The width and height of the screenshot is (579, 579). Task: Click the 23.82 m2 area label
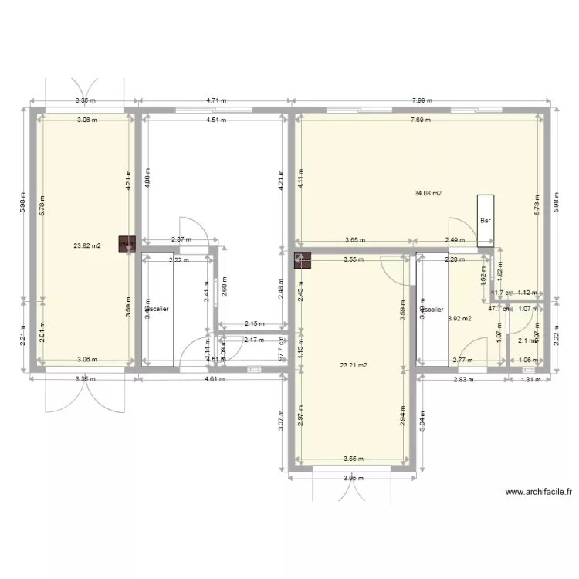coord(86,247)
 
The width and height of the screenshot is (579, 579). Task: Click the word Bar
coord(486,220)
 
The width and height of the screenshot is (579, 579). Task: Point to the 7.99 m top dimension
coord(421,100)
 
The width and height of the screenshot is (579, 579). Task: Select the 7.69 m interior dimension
coord(421,120)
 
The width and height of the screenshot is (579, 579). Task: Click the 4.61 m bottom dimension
coord(215,379)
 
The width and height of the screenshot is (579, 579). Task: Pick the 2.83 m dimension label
coord(461,379)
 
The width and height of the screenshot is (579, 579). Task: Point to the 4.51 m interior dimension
coord(215,120)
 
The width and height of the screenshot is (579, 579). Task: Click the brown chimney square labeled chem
coord(126,244)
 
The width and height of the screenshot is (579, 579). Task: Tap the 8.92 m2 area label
coord(460,318)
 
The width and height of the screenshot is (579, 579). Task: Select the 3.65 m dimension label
coord(354,239)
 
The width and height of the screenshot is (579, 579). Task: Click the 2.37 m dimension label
coord(181,239)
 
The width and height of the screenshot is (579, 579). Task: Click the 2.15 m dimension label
coord(254,324)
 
